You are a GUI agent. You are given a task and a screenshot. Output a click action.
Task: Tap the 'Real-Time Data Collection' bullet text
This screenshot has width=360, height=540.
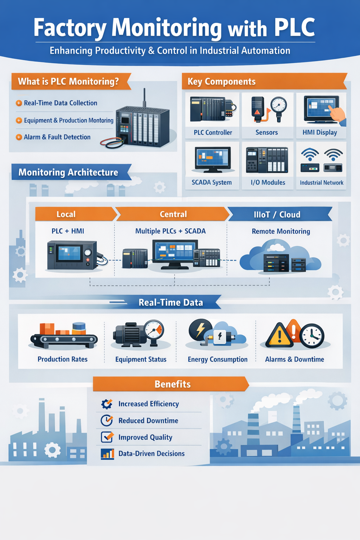[60, 103]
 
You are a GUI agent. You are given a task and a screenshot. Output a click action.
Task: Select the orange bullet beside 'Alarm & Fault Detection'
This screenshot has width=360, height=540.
[19, 137]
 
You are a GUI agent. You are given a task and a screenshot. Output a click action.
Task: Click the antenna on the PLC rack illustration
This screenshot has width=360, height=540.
[144, 97]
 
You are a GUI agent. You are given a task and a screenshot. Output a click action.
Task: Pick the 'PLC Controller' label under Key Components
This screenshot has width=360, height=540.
[213, 133]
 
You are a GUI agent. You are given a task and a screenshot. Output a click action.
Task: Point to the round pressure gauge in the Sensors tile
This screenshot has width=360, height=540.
[279, 105]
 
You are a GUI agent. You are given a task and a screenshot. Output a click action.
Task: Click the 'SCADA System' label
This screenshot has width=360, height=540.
[212, 182]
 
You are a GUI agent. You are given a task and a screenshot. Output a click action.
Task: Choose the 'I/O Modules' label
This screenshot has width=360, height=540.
[268, 182]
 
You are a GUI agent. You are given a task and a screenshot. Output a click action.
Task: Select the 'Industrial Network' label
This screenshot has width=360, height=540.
[321, 183]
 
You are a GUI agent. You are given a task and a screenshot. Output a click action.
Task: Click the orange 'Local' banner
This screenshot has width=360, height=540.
[66, 214]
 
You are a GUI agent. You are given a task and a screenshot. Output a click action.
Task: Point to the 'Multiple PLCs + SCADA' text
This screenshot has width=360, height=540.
[171, 231]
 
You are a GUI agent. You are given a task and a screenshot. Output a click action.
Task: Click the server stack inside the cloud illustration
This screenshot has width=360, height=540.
[276, 263]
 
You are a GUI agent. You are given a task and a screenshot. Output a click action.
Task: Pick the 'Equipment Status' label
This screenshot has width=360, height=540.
[141, 359]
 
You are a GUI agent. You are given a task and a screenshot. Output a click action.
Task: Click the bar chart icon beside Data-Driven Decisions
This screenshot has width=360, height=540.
[107, 454]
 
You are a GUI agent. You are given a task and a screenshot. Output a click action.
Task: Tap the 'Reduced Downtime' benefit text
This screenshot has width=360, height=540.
[148, 420]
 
